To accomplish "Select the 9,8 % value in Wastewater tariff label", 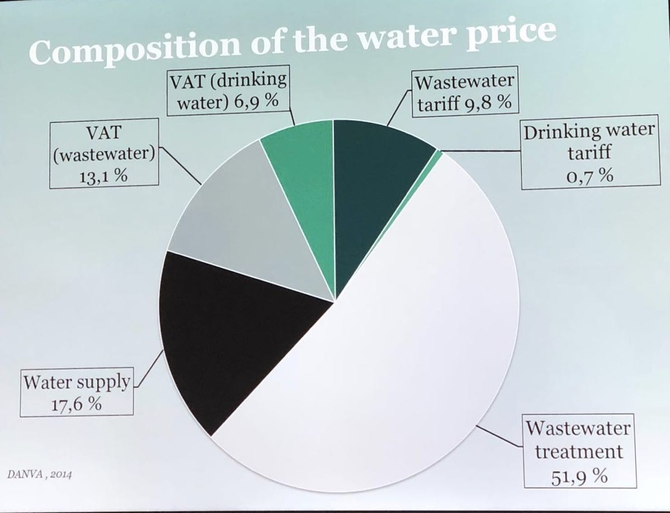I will coord(487,104).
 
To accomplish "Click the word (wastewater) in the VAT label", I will coord(103,154).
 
